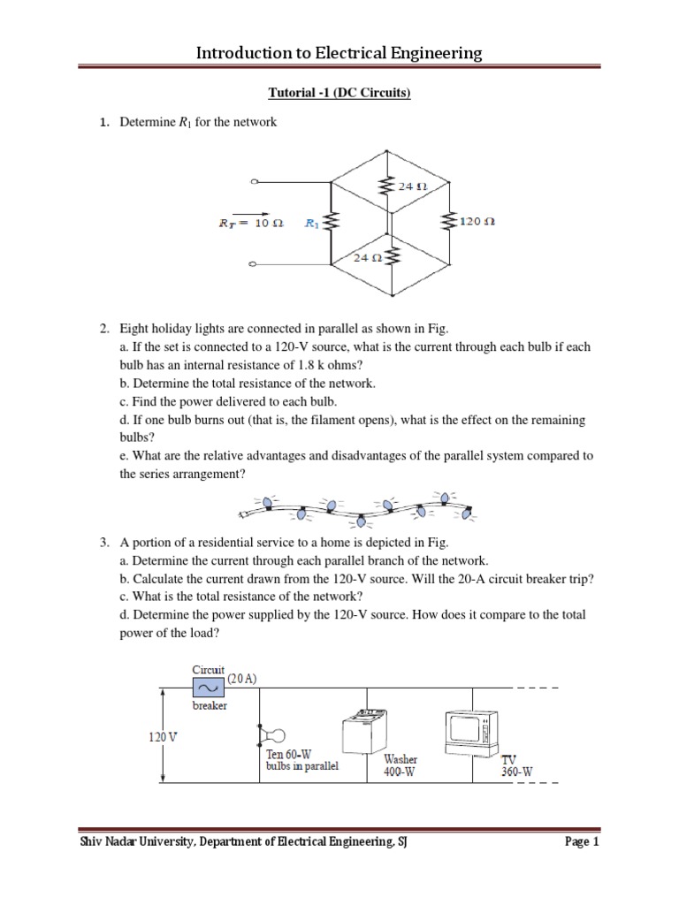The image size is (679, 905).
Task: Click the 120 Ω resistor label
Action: click(477, 222)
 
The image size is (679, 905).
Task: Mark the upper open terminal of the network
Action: click(256, 183)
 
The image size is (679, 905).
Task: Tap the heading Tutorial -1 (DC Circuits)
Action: click(339, 93)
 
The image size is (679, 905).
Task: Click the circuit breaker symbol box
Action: click(209, 688)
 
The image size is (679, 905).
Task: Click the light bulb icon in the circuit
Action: click(274, 734)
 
